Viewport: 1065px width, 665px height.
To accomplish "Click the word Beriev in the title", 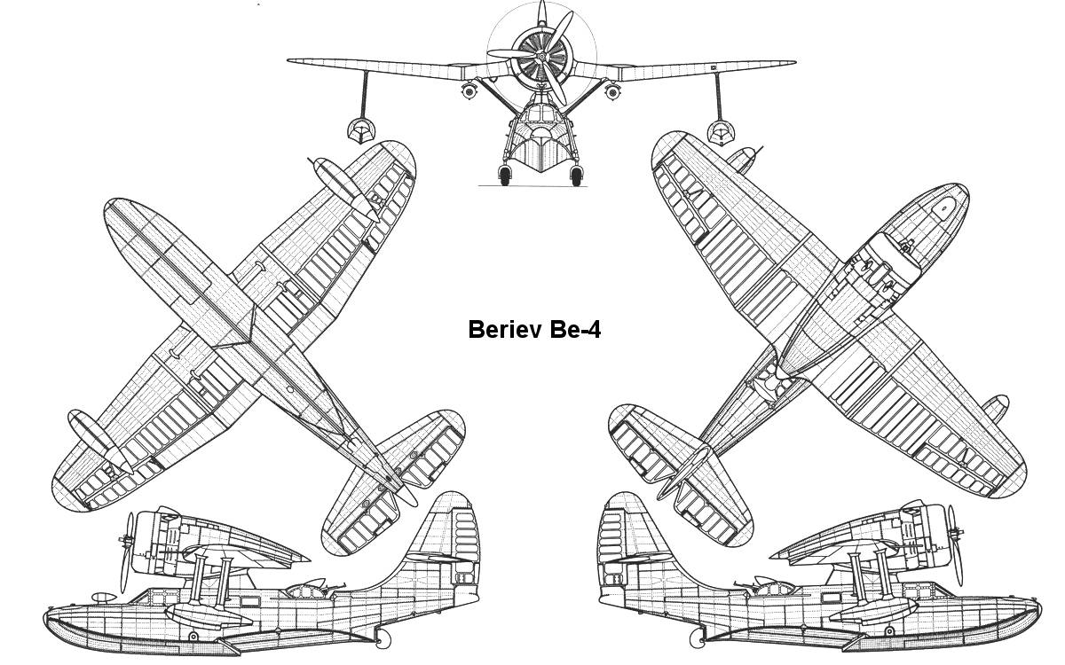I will pos(502,330).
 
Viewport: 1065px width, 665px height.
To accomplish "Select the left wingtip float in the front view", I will pos(359,131).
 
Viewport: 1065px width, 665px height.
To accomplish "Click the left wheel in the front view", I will pos(505,176).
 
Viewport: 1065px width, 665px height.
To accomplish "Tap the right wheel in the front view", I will pos(577,176).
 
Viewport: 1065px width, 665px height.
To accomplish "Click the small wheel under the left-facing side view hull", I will pos(383,638).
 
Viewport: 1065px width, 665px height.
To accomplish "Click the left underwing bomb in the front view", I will pos(469,90).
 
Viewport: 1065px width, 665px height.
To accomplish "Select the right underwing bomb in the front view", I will pos(611,90).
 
